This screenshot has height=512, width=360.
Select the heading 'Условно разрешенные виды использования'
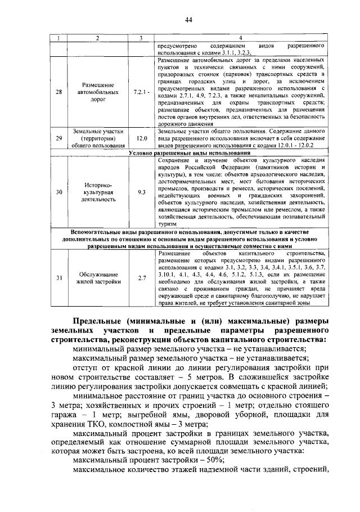coord(189,152)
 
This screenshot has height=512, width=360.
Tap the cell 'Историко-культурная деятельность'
coord(97,192)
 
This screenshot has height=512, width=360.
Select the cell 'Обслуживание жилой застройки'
coord(97,279)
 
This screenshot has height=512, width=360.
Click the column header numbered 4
coord(241,38)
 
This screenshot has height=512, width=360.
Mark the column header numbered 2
coord(97,38)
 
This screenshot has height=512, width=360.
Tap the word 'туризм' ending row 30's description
coord(167,224)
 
